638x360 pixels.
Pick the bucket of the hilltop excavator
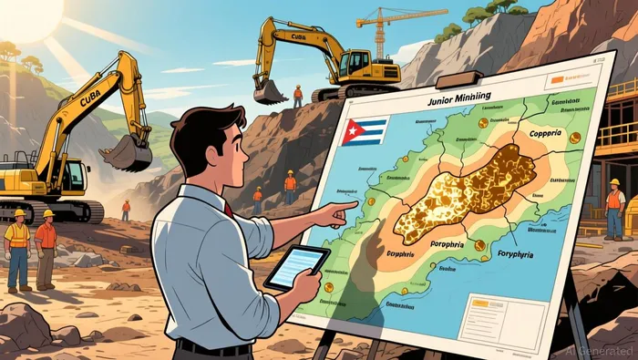(271, 90)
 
